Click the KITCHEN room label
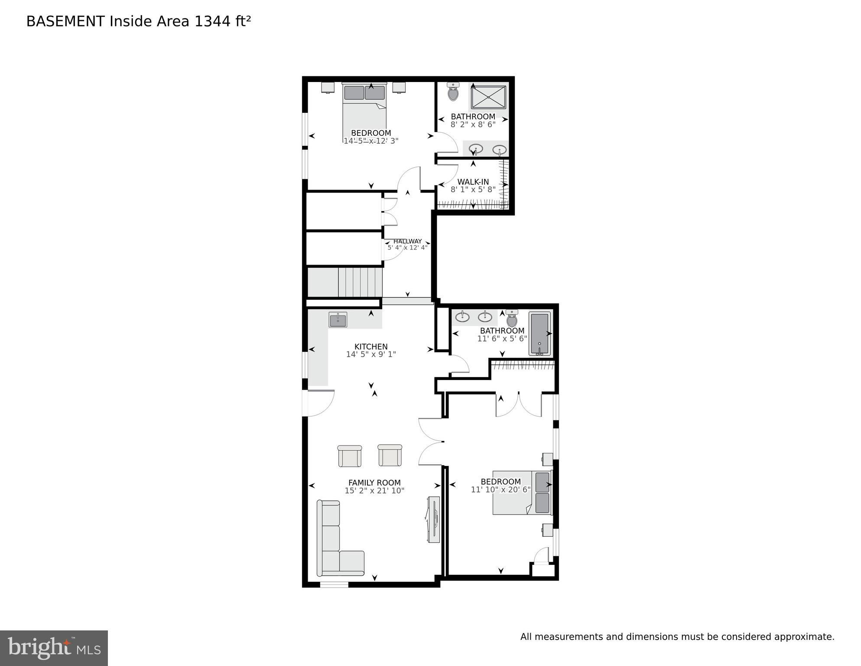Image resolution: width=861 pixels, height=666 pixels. coord(371,347)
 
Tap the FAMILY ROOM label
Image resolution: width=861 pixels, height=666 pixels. coord(374,483)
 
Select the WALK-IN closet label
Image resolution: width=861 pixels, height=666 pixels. coord(473,182)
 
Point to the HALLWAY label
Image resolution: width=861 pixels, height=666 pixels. coord(407,241)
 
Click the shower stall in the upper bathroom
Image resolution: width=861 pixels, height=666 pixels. coord(489,97)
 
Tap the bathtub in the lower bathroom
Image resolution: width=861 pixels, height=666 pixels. coord(540,334)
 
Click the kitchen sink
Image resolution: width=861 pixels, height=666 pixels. coord(338,320)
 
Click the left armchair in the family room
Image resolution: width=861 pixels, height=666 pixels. coord(349,456)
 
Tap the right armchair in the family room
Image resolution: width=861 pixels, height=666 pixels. coord(390,456)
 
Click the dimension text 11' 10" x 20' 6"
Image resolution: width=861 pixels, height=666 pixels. coord(501,490)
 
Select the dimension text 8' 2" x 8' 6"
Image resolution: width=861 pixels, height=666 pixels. coord(473,125)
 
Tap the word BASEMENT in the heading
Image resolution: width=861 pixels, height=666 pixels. coord(65,21)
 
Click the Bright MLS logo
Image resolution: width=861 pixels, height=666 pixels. coord(54,648)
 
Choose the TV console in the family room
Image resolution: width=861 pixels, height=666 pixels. coord(434,519)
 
